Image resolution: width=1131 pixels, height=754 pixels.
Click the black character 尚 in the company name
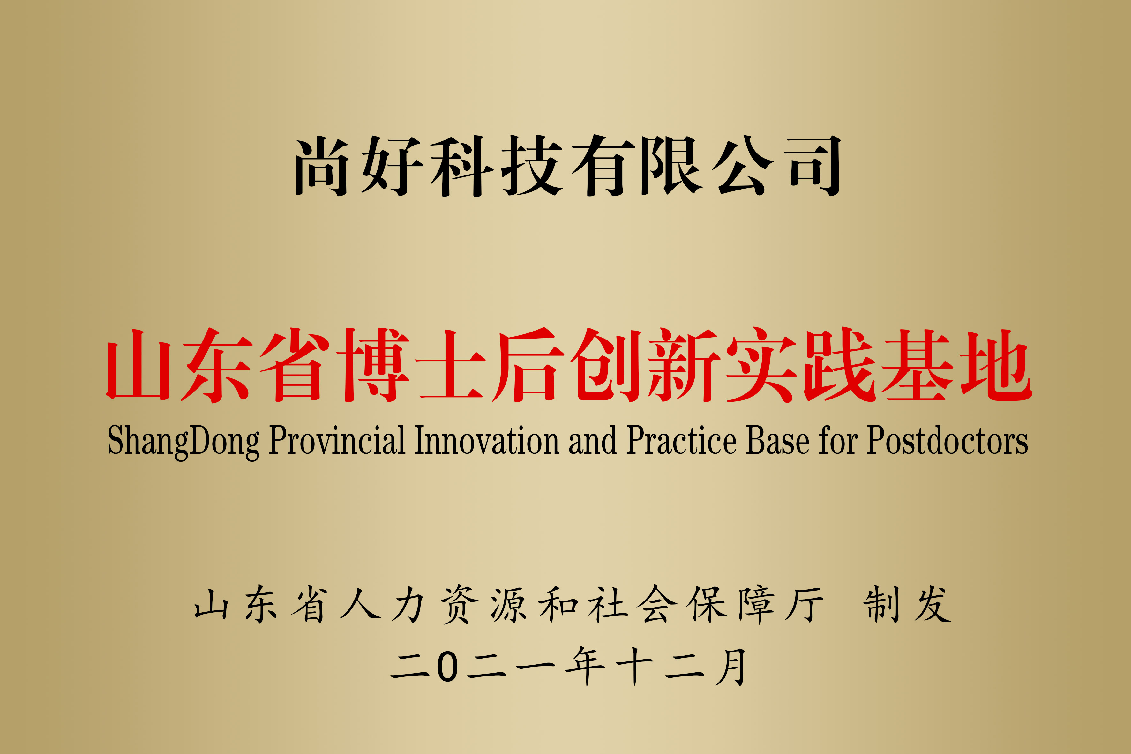coord(321,166)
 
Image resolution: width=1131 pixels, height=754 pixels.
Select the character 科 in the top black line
coord(461,166)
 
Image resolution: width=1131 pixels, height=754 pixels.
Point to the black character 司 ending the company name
coord(814,166)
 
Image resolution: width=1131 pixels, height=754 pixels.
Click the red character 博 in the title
coord(373,365)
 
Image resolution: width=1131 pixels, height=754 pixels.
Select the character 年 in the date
coord(585,666)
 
